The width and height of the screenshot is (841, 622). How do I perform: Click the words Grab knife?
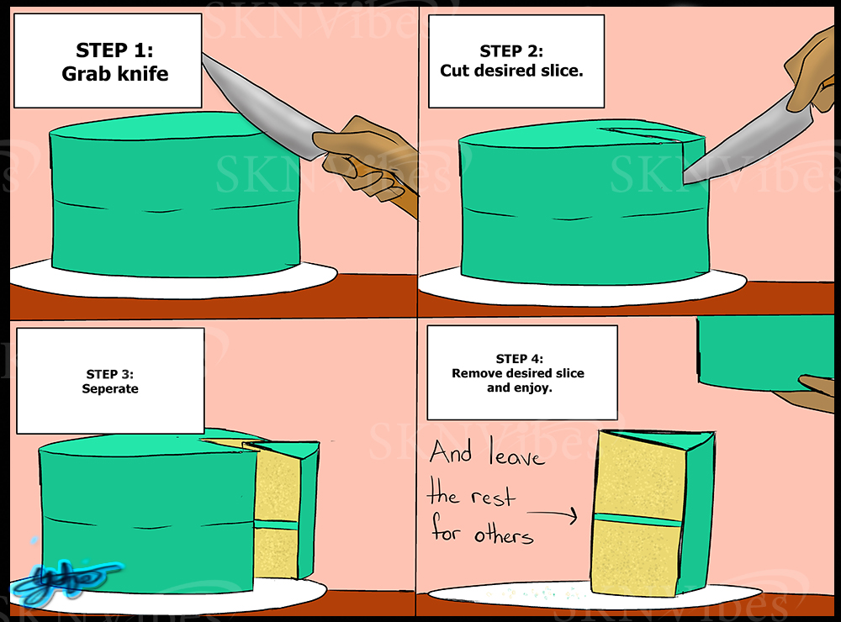click(114, 74)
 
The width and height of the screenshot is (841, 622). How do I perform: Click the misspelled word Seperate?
click(110, 389)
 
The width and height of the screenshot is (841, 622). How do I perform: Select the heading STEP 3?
click(110, 374)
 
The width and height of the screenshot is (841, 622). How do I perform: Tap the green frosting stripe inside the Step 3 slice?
click(278, 524)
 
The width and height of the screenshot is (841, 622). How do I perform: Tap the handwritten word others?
click(503, 534)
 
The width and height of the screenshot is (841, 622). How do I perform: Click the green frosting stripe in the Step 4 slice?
click(637, 519)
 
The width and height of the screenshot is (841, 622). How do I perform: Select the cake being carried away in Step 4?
click(765, 353)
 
